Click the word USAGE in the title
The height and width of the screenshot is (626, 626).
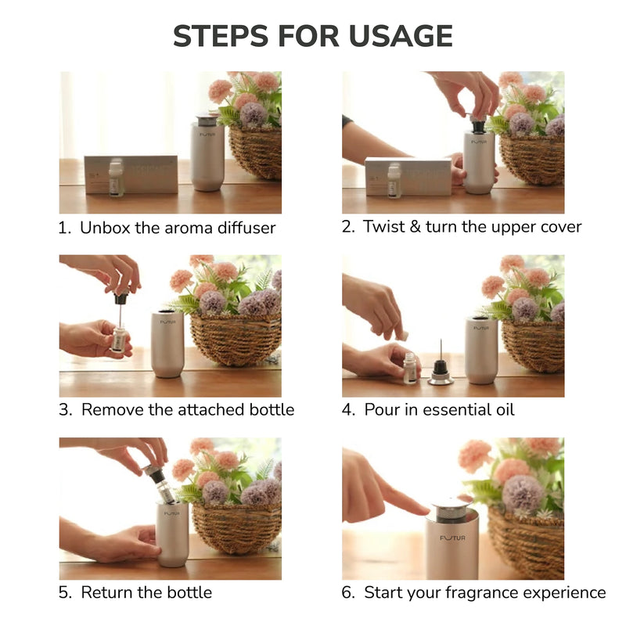401,36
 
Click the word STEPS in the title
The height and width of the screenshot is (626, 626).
221,36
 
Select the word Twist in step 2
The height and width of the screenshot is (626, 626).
384,226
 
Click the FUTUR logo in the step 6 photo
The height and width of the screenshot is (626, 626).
453,538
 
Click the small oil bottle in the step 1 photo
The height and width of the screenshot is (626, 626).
116,178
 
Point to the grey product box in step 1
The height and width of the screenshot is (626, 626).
131,174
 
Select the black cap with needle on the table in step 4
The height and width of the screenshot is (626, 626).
441,367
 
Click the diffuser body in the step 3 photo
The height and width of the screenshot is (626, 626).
167,344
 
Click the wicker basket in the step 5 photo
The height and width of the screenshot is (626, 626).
237,527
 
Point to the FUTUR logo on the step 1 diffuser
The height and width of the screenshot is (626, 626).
207,135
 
